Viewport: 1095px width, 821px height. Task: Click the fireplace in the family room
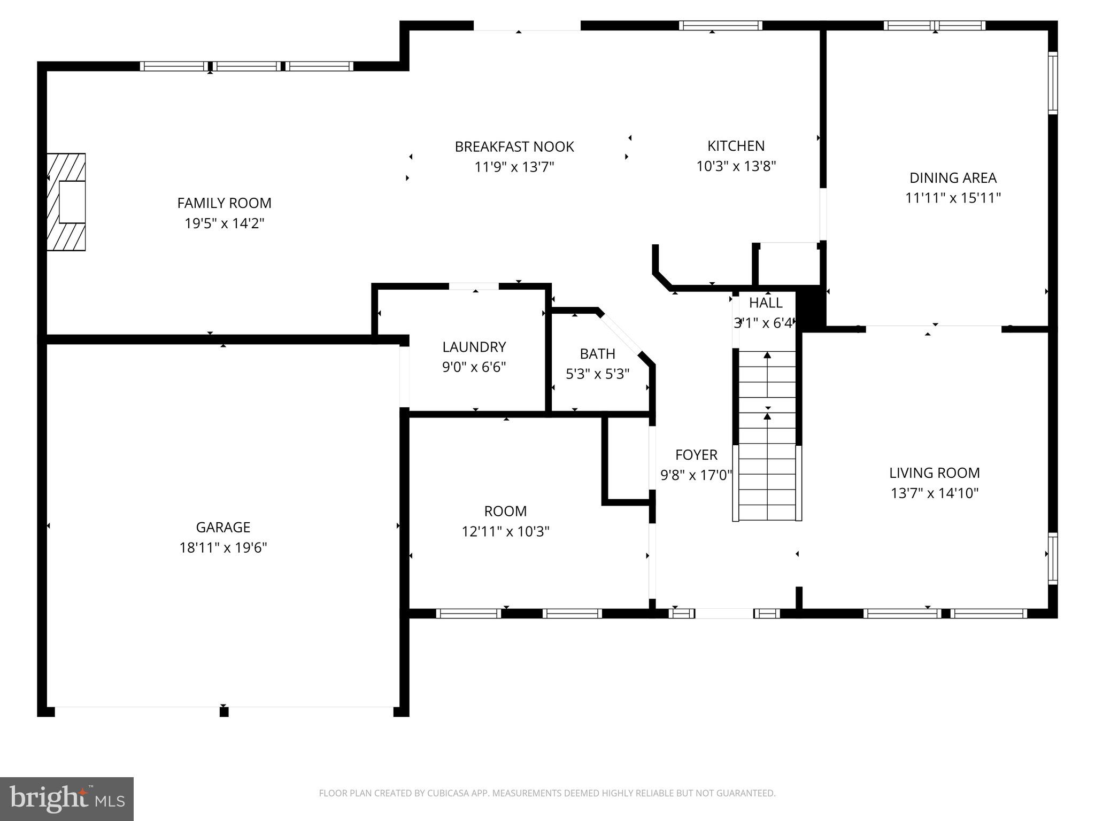click(x=66, y=202)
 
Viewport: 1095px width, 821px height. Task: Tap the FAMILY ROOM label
click(x=224, y=203)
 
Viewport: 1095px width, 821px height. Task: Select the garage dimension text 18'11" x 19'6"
click(x=223, y=548)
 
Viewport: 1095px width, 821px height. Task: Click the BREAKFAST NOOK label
click(x=514, y=147)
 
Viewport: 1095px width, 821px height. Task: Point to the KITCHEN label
click(x=736, y=146)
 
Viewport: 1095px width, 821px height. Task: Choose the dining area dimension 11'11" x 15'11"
click(x=953, y=198)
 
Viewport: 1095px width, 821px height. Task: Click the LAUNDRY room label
click(x=474, y=347)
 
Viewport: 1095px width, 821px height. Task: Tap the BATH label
click(x=597, y=354)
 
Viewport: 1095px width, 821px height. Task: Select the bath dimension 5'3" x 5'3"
click(x=597, y=374)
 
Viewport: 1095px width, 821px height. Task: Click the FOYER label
click(x=696, y=455)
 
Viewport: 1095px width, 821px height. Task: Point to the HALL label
click(x=766, y=303)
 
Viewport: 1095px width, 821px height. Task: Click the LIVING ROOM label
click(x=934, y=473)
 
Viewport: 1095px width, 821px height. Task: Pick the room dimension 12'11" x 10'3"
click(x=505, y=532)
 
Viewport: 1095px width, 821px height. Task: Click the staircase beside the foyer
click(x=767, y=435)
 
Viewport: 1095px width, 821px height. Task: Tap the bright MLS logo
click(x=67, y=799)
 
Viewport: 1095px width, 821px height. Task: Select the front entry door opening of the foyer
click(x=724, y=614)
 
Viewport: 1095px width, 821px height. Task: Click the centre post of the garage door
click(x=224, y=711)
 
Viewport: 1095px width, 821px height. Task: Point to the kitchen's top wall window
click(x=721, y=25)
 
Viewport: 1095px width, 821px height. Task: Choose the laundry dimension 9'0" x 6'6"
click(x=474, y=367)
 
